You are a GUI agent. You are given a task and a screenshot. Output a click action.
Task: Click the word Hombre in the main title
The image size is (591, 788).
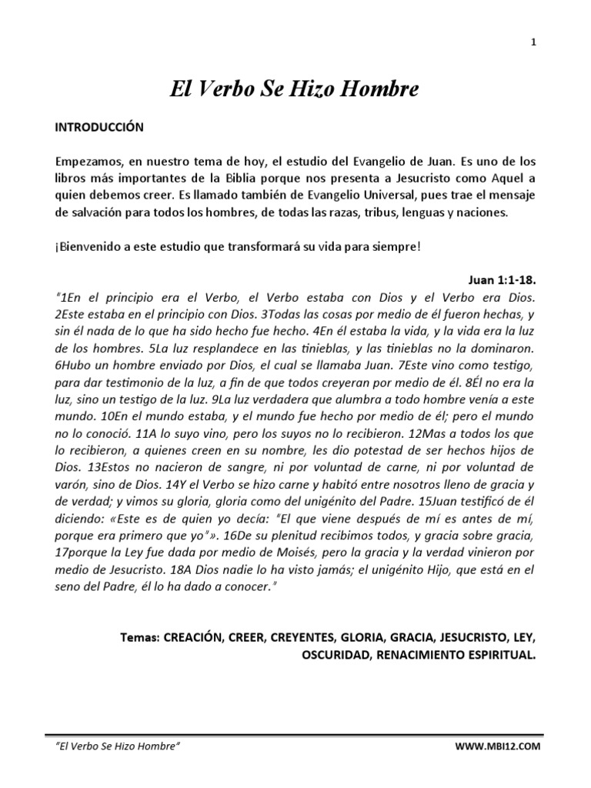pyautogui.click(x=381, y=89)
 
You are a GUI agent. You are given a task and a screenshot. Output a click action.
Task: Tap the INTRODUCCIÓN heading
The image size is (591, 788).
pyautogui.click(x=99, y=128)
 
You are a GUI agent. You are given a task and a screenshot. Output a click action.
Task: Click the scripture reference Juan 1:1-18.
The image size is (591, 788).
pyautogui.click(x=502, y=279)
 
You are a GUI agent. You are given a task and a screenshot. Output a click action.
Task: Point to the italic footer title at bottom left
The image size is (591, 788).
pyautogui.click(x=119, y=746)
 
